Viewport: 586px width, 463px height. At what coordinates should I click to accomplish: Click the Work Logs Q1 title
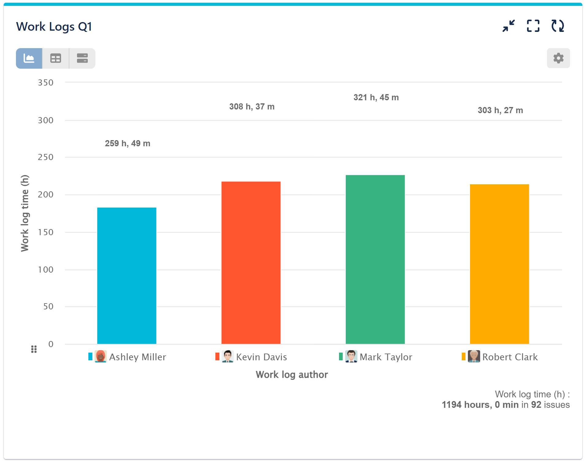[54, 27]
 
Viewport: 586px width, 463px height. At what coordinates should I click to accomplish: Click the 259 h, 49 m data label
[128, 143]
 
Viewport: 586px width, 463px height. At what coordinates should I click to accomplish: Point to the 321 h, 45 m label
[376, 98]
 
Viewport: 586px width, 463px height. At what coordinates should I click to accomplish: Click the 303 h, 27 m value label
[500, 110]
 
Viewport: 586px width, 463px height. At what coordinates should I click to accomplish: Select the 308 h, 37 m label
[252, 107]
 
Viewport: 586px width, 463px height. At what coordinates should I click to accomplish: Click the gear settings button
[558, 58]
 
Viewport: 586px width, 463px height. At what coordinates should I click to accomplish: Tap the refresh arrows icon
[557, 26]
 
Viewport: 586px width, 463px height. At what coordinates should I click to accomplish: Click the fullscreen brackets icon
[533, 26]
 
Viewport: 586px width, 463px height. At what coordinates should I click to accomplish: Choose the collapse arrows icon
[509, 26]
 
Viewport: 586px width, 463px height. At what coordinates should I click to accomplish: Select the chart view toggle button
[29, 58]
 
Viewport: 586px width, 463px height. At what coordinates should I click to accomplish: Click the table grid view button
[56, 58]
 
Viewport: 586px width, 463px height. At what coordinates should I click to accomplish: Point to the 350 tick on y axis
[46, 82]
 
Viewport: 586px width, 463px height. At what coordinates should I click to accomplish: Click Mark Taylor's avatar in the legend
[351, 356]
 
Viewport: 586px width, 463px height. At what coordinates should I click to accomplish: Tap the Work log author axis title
[292, 374]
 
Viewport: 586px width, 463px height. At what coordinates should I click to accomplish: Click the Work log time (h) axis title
[25, 213]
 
